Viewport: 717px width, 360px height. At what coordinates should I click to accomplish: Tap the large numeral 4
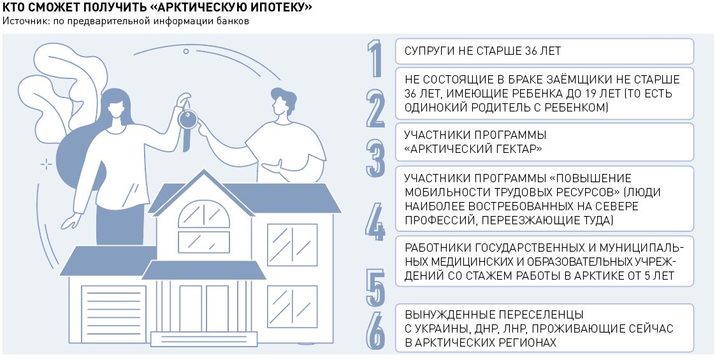coord(375,222)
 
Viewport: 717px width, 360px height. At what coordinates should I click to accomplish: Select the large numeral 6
coord(375,331)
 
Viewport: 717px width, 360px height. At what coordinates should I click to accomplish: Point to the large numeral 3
coord(375,158)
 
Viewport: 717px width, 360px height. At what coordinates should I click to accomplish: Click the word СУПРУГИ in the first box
coord(428,51)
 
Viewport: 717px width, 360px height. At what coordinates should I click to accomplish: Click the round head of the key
coord(188,120)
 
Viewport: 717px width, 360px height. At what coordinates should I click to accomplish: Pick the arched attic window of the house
coord(204,214)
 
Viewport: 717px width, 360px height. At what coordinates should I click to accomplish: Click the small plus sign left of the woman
coord(46,164)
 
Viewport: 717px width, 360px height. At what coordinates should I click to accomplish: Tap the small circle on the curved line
coord(186,51)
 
